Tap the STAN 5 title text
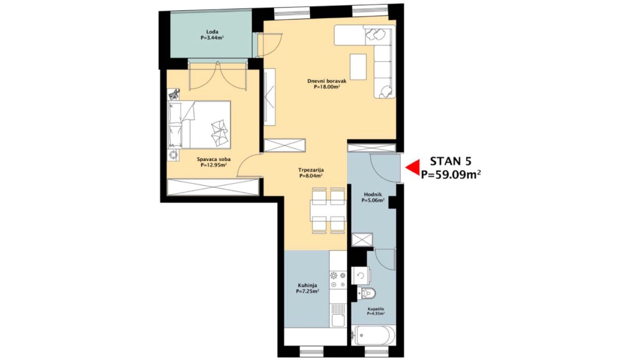point(451,162)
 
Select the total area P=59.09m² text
point(451,174)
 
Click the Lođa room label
point(212,31)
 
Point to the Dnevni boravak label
point(327,81)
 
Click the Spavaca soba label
point(214,159)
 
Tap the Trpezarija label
point(311,170)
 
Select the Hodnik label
point(373,195)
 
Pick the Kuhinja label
point(307,285)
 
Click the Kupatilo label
point(375,309)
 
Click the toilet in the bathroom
point(366,293)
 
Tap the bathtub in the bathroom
point(373,336)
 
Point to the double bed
point(199,125)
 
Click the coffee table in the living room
point(358,67)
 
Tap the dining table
point(329,211)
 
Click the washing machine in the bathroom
point(361,275)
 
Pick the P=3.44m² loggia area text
point(212,37)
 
